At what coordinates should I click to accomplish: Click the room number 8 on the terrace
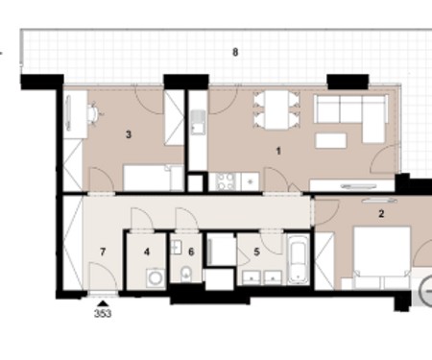pyautogui.click(x=235, y=52)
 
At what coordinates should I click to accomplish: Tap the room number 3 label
pyautogui.click(x=129, y=134)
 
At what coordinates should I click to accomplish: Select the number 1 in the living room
pyautogui.click(x=278, y=151)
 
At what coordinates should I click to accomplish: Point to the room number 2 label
pyautogui.click(x=381, y=214)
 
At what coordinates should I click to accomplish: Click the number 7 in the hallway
pyautogui.click(x=103, y=252)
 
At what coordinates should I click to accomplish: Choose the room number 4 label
pyautogui.click(x=147, y=252)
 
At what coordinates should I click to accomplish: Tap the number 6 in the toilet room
pyautogui.click(x=191, y=252)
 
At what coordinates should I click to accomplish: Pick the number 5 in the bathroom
pyautogui.click(x=256, y=252)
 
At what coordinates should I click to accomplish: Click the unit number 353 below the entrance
pyautogui.click(x=103, y=314)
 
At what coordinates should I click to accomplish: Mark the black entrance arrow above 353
pyautogui.click(x=103, y=303)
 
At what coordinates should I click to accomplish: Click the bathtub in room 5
pyautogui.click(x=299, y=259)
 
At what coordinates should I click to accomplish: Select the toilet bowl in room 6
pyautogui.click(x=186, y=275)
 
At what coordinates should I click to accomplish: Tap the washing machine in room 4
pyautogui.click(x=156, y=277)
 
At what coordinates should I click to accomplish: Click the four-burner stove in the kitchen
pyautogui.click(x=225, y=181)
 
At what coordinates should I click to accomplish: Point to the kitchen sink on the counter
pyautogui.click(x=198, y=122)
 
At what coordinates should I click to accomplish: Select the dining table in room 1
pyautogui.click(x=276, y=109)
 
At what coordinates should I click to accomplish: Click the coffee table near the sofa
pyautogui.click(x=331, y=141)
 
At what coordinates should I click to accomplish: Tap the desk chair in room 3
pyautogui.click(x=95, y=112)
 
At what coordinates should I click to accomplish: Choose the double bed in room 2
pyautogui.click(x=382, y=257)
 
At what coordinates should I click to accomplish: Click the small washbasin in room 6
pyautogui.click(x=176, y=248)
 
